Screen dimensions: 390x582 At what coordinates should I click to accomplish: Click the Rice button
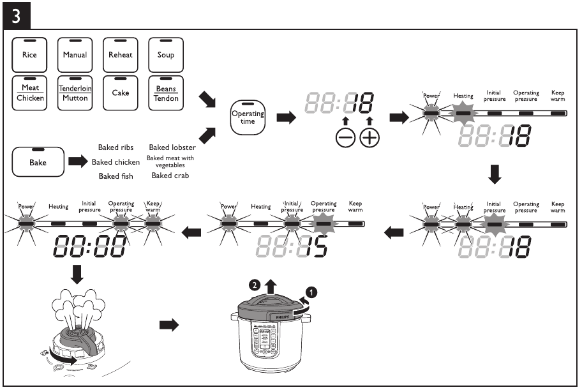pos(29,54)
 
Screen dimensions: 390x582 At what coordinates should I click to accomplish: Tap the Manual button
pos(75,54)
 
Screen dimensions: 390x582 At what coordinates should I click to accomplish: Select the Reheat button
pos(121,54)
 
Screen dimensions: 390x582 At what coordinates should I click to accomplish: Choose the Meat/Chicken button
pos(29,93)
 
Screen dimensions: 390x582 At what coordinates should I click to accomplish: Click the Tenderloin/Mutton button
pos(75,93)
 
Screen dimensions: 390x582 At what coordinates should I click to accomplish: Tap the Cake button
pos(121,93)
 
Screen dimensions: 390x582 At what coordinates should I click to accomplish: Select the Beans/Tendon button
pos(166,93)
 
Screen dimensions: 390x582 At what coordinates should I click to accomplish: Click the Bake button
pos(38,162)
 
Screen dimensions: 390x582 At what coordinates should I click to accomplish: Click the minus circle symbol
pos(345,138)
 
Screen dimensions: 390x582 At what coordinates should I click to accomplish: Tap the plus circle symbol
pos(369,138)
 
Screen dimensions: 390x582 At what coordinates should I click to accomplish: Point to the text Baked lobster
pos(172,147)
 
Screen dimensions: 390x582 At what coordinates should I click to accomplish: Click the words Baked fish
pos(116,176)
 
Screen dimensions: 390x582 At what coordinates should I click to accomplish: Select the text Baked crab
pos(170,176)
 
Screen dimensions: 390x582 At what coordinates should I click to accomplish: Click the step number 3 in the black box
pos(16,15)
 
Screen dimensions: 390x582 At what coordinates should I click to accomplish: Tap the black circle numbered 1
pos(312,293)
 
